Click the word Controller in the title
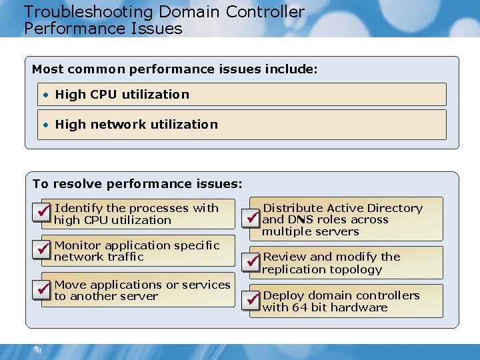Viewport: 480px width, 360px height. pos(265,12)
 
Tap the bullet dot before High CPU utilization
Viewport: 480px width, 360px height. pos(46,95)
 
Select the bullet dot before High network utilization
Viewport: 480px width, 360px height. pos(46,125)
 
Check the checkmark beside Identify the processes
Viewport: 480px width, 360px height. pos(43,211)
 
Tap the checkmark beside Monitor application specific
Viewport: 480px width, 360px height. pos(43,248)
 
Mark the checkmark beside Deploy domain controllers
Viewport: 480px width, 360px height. pos(251,301)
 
